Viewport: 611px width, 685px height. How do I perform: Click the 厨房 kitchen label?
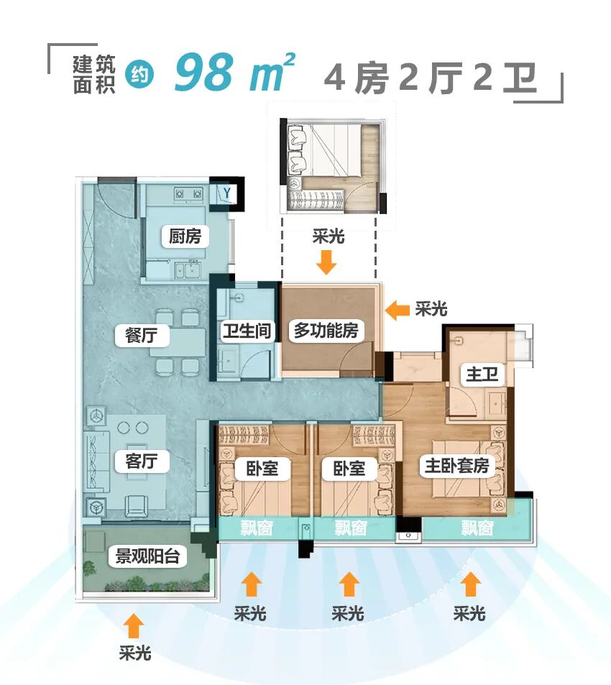tap(185, 236)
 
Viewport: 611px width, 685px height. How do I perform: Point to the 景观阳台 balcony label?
tap(147, 556)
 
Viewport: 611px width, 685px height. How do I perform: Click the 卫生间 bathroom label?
tap(246, 331)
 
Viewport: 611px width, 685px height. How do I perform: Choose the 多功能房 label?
tap(326, 331)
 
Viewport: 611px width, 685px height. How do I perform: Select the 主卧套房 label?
tap(456, 465)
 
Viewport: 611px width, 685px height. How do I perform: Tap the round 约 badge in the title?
tap(139, 75)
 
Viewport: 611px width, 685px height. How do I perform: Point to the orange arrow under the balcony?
tap(134, 625)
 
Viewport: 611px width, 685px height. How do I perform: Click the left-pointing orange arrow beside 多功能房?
tap(396, 309)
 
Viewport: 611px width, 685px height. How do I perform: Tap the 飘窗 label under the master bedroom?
tap(477, 528)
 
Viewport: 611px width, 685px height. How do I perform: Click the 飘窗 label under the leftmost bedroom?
tap(257, 528)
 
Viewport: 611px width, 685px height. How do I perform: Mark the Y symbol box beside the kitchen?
tap(227, 193)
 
